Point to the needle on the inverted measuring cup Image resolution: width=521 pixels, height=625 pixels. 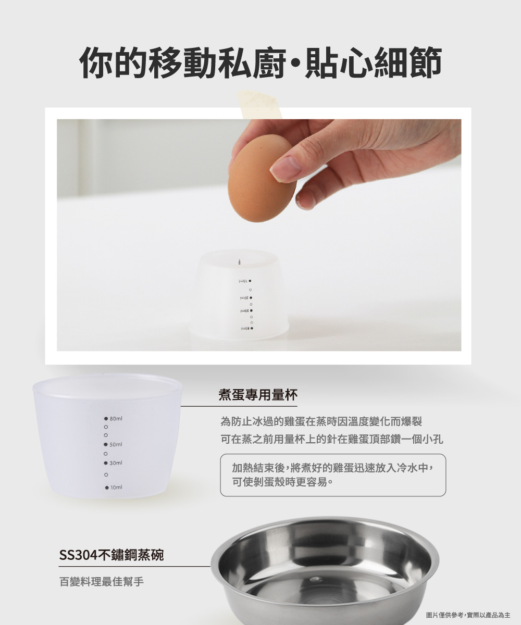coord(239,261)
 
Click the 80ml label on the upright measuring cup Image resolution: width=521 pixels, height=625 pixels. coord(116,418)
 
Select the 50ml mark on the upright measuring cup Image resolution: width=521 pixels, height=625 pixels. coord(116,444)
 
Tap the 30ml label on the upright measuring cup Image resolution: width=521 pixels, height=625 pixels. coord(116,463)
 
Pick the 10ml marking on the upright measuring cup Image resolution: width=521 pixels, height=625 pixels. coord(116,488)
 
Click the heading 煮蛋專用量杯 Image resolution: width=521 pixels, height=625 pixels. coord(258,395)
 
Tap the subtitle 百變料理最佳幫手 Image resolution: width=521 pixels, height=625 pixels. coord(102,582)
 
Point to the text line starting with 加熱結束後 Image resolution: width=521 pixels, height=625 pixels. coord(333,468)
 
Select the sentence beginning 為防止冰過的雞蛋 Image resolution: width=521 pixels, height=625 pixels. coord(321,421)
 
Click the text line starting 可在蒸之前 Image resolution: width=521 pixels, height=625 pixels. coord(332,440)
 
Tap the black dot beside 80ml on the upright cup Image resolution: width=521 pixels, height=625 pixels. coord(106,418)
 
